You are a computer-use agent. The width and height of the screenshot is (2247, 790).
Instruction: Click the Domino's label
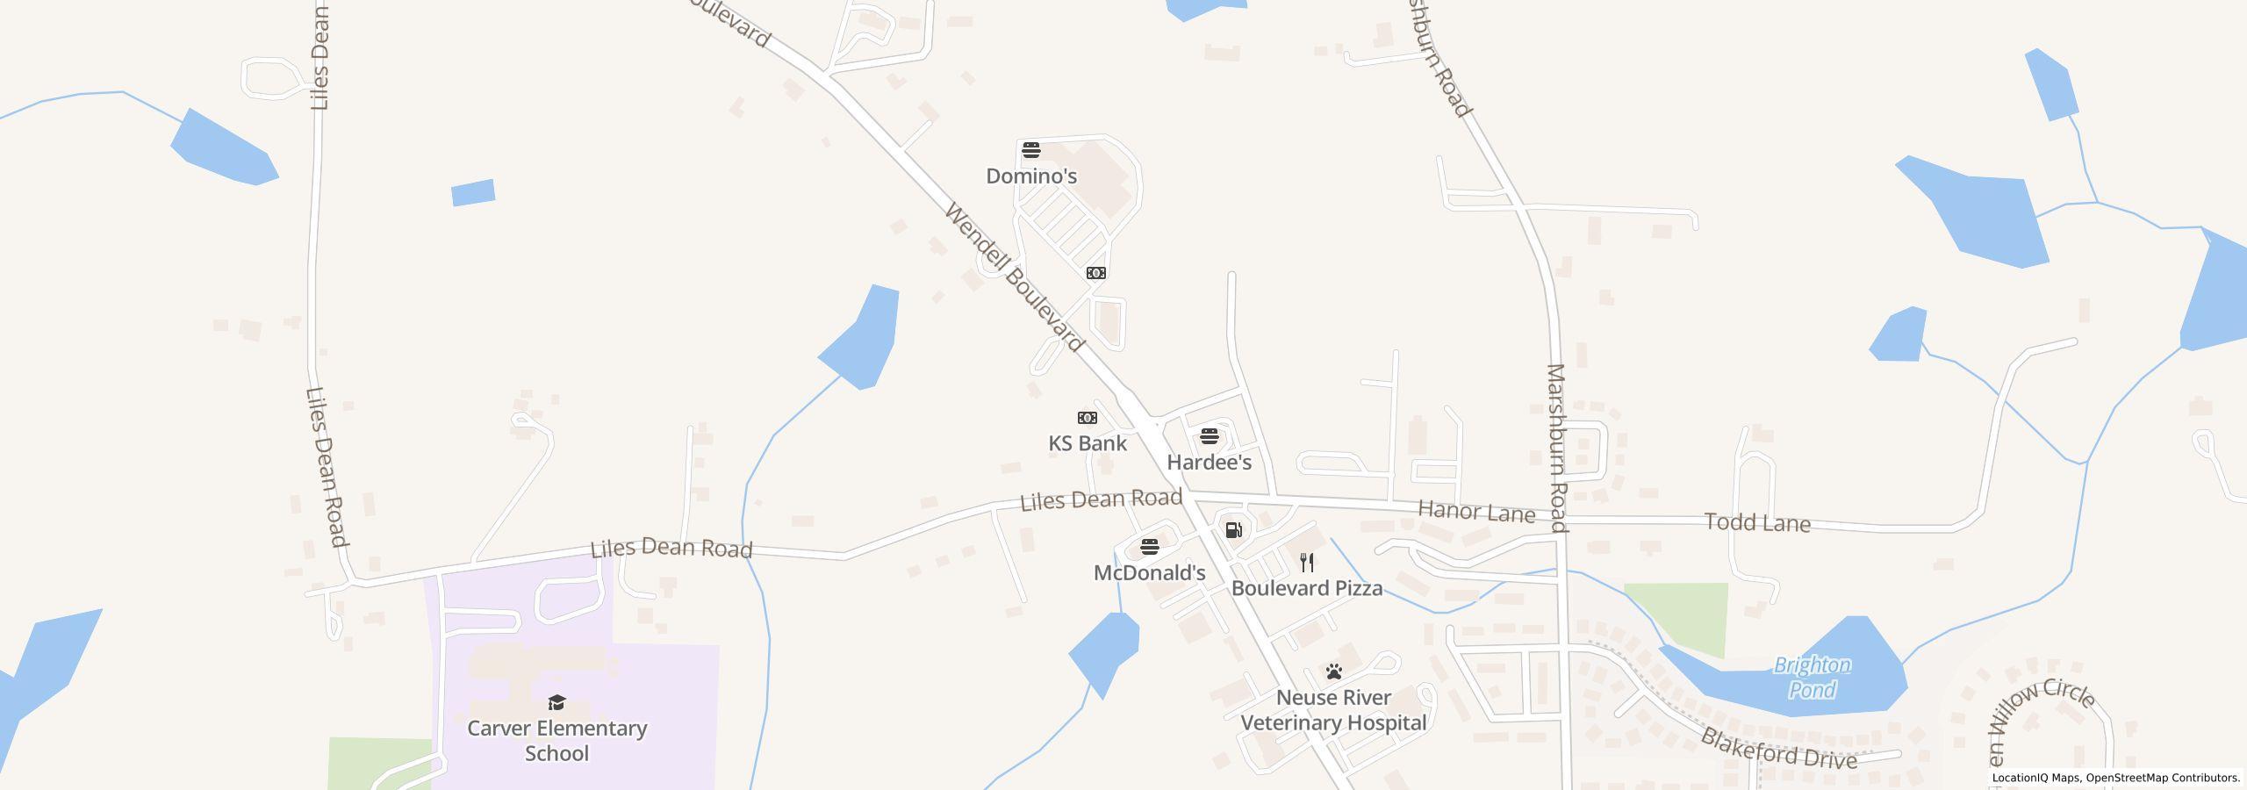click(1031, 176)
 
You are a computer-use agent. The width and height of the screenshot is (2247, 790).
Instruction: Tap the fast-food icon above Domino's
click(1031, 149)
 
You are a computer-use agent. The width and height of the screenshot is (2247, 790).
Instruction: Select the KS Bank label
click(1088, 443)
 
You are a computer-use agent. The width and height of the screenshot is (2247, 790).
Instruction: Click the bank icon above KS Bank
click(1088, 418)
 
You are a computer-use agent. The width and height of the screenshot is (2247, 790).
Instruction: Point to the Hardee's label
click(1209, 463)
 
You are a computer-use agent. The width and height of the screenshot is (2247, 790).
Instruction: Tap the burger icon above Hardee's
click(1210, 436)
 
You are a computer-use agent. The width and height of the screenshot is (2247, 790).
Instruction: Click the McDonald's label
click(1149, 573)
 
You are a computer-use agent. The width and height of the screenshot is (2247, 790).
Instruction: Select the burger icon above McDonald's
click(1150, 548)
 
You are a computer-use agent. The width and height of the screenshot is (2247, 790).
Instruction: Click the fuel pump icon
click(1233, 529)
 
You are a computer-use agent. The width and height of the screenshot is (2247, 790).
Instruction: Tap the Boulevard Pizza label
click(1307, 588)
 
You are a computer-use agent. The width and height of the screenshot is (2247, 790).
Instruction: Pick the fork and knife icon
click(1308, 563)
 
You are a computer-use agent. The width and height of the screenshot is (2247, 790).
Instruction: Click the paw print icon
click(1334, 672)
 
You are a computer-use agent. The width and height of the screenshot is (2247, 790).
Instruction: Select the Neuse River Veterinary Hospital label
click(1333, 710)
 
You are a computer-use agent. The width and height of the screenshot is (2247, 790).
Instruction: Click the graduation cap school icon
click(556, 702)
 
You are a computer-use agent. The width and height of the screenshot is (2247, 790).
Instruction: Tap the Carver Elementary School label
click(556, 741)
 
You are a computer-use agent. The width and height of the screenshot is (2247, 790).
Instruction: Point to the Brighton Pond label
click(1813, 678)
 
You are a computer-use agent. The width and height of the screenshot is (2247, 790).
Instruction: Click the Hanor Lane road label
click(1476, 512)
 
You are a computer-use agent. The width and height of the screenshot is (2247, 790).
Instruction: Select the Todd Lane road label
click(1757, 523)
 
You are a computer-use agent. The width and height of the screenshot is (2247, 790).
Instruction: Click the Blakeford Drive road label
click(1778, 749)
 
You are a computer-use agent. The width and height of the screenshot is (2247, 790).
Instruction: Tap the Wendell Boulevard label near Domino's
click(1014, 276)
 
